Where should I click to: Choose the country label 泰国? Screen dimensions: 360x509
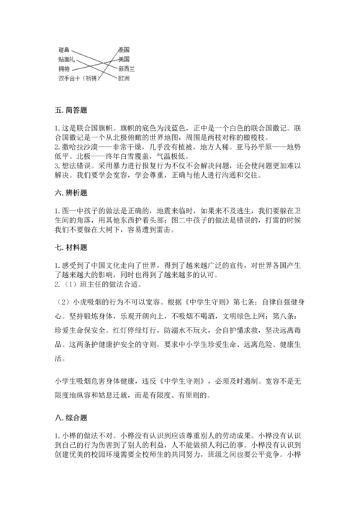point(124,48)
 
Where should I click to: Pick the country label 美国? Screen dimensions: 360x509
point(124,58)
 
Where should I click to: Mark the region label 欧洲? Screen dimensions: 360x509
point(124,78)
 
